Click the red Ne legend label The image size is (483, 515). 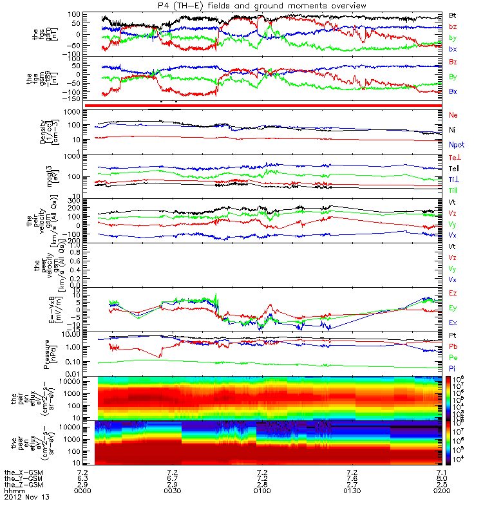(x=453, y=115)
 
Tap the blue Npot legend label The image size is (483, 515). (x=456, y=146)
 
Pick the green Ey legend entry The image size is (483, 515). (x=453, y=308)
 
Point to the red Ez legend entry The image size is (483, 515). (x=453, y=293)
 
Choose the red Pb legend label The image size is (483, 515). (x=453, y=346)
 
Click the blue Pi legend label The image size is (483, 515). (x=453, y=368)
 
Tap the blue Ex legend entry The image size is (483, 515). (x=453, y=323)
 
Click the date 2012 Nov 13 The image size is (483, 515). (x=26, y=498)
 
